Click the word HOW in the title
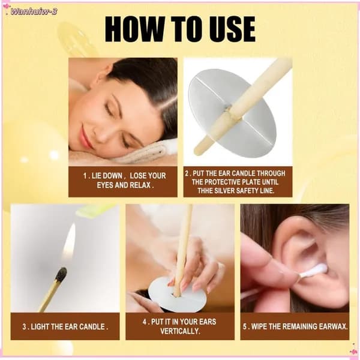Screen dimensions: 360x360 [x=134, y=29]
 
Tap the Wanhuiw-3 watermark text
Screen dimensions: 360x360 [x=34, y=11]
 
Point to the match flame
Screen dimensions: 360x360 [x=70, y=241]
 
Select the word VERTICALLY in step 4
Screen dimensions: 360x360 [x=180, y=331]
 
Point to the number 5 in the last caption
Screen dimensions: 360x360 [x=245, y=326]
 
